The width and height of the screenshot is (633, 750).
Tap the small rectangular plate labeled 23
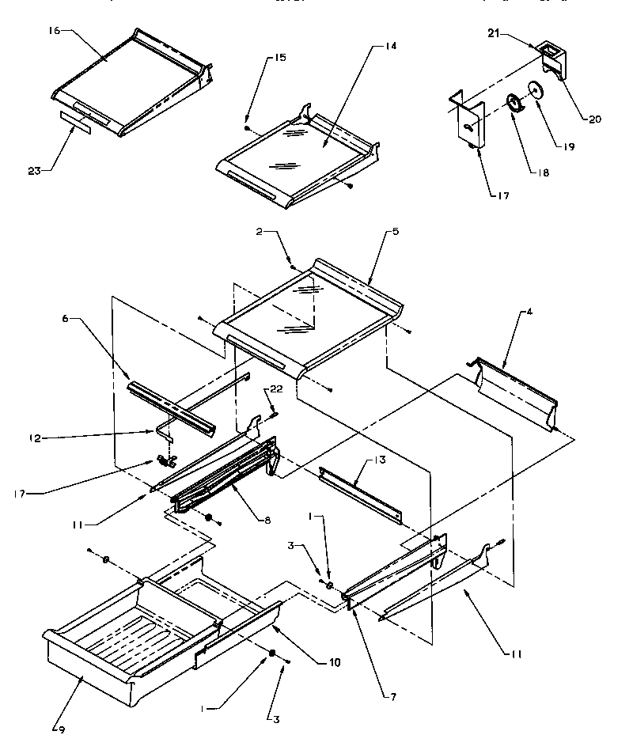click(76, 125)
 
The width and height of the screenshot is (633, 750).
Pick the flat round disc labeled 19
click(537, 92)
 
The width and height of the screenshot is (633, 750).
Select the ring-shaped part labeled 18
click(514, 103)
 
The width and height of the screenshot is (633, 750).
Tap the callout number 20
click(594, 119)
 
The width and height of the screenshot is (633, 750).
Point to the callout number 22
click(276, 388)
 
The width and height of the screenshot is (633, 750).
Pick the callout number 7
click(393, 697)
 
